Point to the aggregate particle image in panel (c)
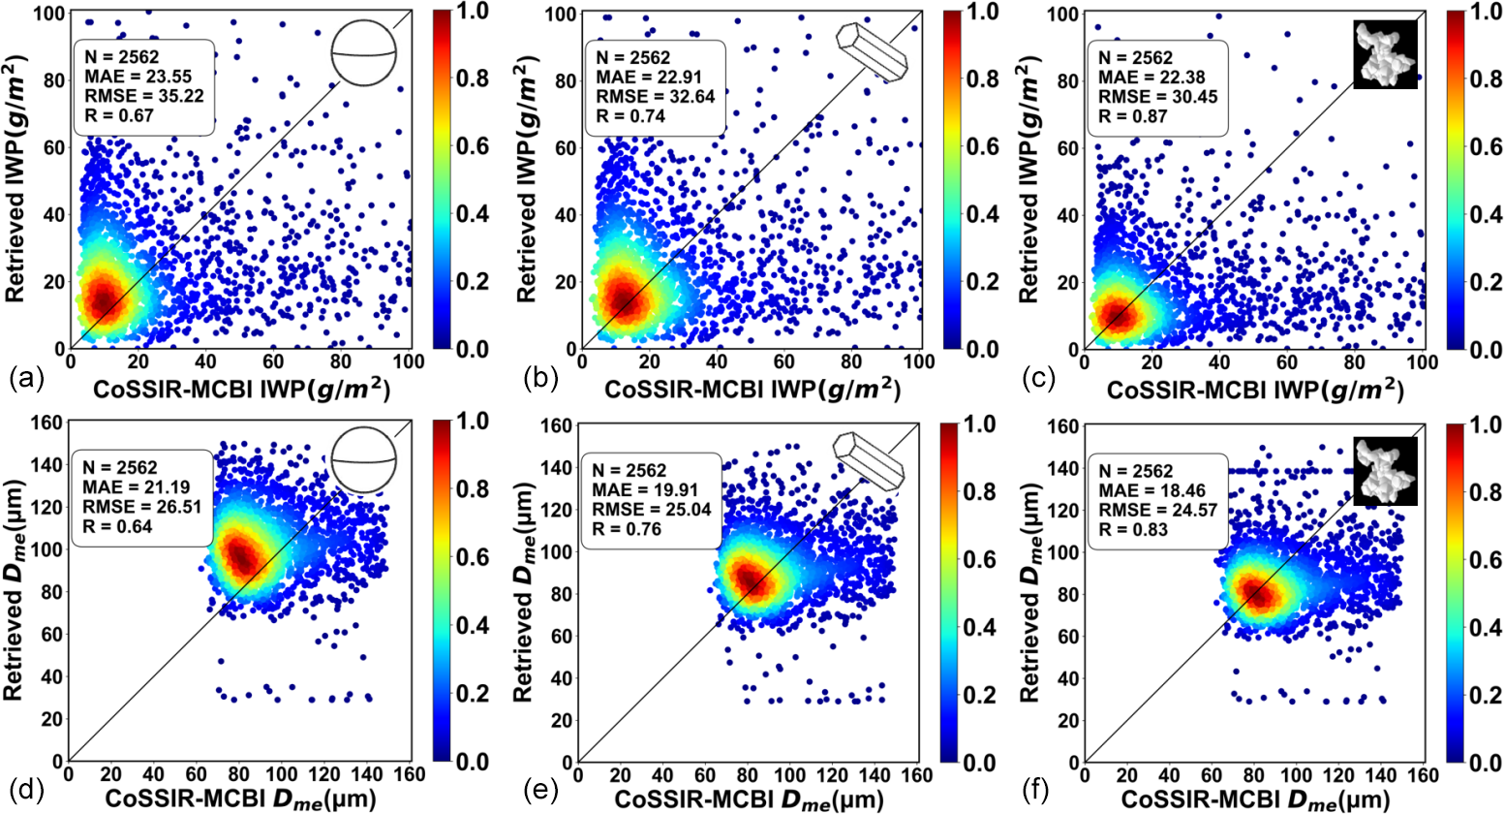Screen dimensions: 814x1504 (1385, 53)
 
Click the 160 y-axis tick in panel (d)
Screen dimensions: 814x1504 (46, 423)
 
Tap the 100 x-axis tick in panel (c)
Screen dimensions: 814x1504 (1422, 362)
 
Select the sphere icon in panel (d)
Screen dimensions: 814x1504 (363, 462)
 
